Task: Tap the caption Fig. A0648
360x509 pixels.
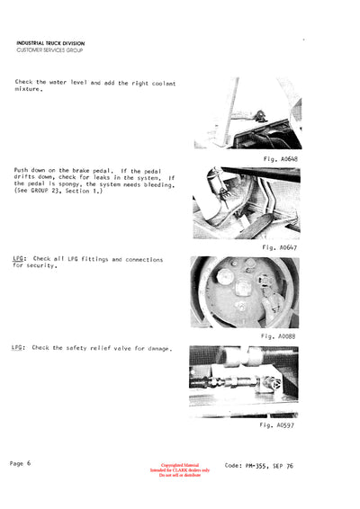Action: (277, 158)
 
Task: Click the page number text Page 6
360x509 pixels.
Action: (21, 462)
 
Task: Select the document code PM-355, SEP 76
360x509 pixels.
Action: (256, 466)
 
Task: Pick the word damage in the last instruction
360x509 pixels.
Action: (157, 347)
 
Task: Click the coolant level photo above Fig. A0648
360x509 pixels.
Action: (247, 113)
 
